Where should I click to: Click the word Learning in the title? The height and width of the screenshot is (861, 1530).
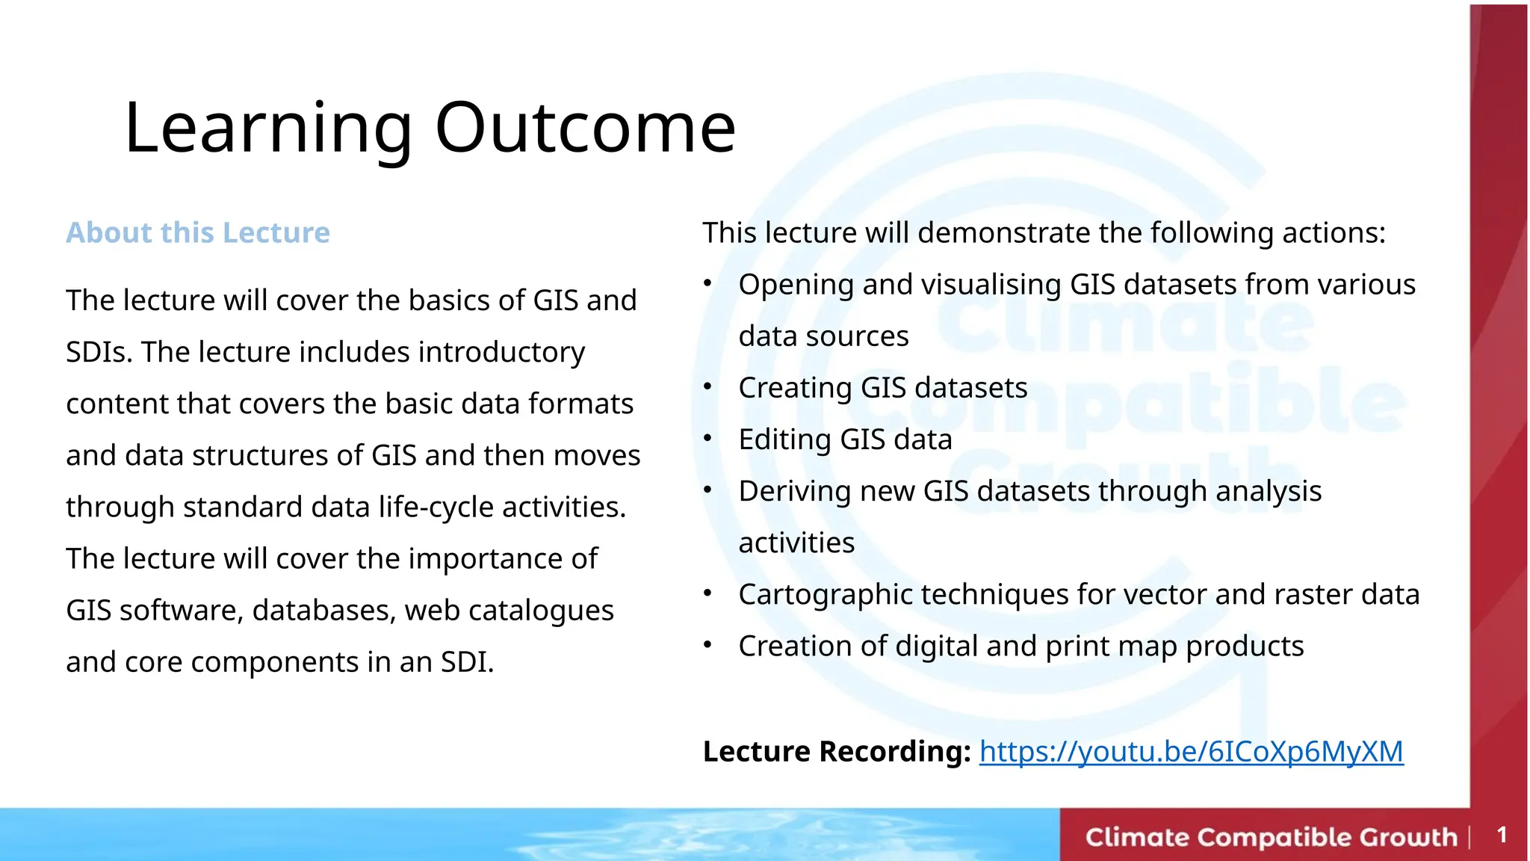pos(268,128)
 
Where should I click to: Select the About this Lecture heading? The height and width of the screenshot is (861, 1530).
pos(198,232)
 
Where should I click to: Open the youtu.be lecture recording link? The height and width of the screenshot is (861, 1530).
pos(1191,751)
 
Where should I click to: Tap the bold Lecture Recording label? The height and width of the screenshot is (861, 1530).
pos(836,751)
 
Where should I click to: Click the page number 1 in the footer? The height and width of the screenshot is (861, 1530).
pos(1502,835)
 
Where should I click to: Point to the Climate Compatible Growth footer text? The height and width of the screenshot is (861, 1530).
pos(1271,836)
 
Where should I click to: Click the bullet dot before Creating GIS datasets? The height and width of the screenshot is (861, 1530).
pos(707,386)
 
